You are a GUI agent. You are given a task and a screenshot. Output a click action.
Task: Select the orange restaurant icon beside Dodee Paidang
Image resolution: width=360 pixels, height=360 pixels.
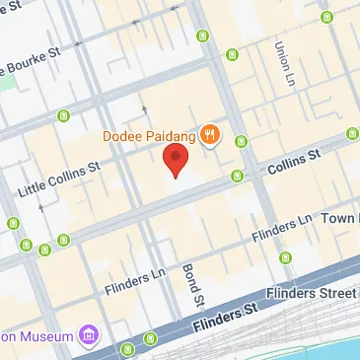(209, 135)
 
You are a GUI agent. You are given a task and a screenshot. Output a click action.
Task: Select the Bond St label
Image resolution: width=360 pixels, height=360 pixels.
(192, 285)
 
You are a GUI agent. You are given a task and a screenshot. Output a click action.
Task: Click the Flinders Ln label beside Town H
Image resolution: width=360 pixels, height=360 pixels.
(281, 228)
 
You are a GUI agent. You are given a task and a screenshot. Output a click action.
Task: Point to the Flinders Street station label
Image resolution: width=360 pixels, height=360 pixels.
(316, 294)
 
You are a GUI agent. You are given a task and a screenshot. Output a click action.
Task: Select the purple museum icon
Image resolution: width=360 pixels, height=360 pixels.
(91, 337)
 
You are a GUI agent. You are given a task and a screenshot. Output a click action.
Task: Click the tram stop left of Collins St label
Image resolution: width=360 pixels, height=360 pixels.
(237, 177)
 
